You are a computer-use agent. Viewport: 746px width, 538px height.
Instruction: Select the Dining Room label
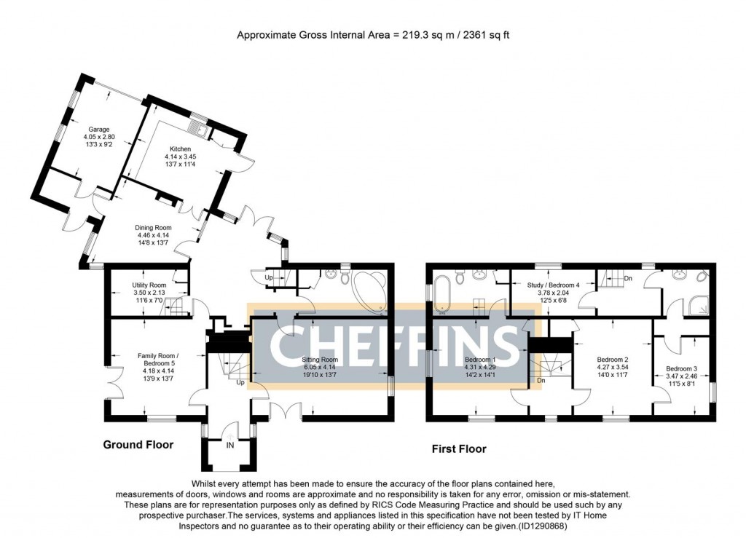(x=154, y=228)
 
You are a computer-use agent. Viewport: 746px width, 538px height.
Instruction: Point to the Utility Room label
(x=149, y=285)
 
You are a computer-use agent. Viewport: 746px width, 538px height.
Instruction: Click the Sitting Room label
(x=319, y=360)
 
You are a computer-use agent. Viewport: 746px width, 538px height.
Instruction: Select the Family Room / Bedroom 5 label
(x=158, y=359)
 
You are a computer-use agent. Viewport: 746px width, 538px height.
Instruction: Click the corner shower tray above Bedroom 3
(x=696, y=306)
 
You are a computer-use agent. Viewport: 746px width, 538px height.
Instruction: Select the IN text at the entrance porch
(x=230, y=444)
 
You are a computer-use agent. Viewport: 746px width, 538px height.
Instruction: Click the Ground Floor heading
(x=138, y=444)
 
